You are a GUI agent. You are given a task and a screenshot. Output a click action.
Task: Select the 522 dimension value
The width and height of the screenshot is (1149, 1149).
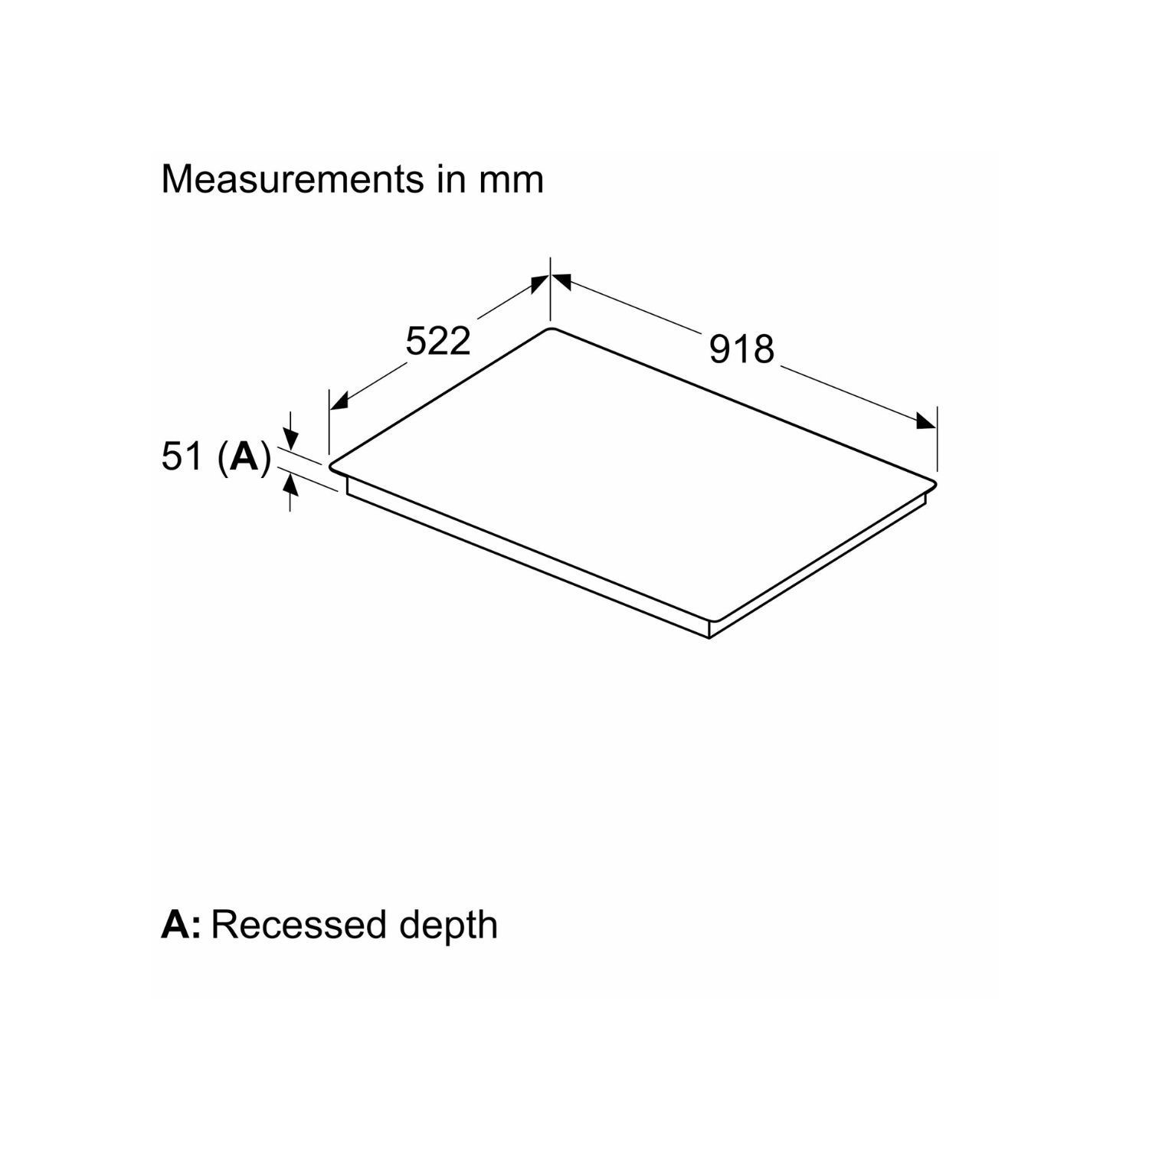(x=437, y=341)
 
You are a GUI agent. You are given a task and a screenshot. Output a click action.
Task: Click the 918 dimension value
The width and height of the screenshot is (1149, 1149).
(x=741, y=349)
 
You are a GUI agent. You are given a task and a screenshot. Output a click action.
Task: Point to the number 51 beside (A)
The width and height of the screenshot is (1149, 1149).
(x=182, y=457)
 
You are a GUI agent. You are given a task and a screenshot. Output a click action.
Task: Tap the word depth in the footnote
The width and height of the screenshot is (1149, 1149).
(x=448, y=926)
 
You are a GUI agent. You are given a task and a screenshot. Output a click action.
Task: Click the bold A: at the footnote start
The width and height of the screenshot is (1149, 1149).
(x=181, y=925)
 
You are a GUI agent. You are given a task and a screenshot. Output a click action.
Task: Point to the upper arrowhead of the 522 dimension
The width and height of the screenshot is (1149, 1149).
(x=540, y=283)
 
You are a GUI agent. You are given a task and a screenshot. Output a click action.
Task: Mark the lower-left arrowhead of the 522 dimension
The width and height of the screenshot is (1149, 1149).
(x=339, y=401)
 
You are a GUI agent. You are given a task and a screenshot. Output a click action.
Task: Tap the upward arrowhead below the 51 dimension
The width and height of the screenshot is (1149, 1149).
(x=290, y=483)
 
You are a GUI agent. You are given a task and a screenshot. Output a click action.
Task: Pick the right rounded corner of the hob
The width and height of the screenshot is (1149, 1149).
(x=933, y=484)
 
